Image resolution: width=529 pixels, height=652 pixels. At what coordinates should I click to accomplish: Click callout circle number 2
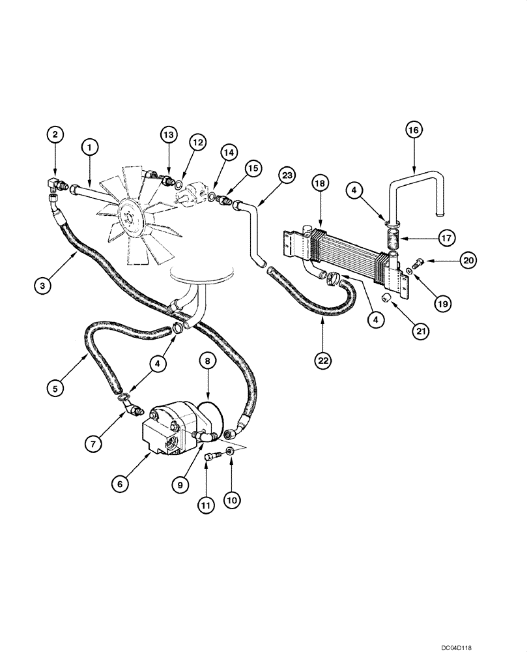pyautogui.click(x=55, y=135)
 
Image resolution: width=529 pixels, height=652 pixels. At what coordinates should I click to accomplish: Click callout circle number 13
pyautogui.click(x=168, y=135)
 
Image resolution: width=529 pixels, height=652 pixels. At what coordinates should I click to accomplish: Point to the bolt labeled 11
pyautogui.click(x=208, y=458)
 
